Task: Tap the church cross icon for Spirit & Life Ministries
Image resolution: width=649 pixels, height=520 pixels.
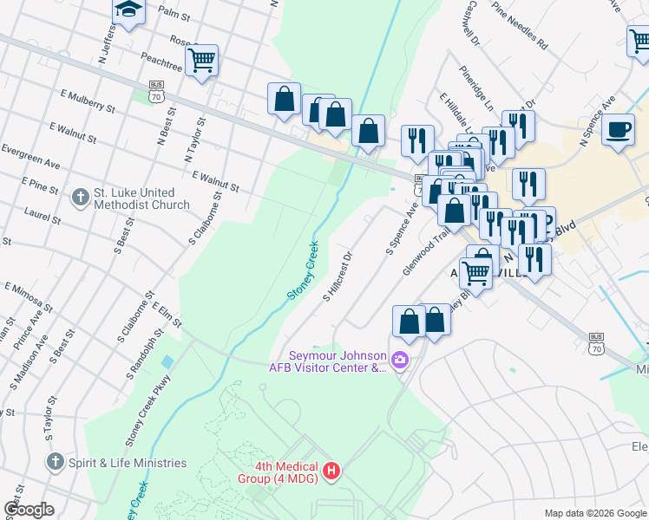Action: click(x=56, y=462)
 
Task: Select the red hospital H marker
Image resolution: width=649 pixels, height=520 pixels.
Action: click(x=331, y=471)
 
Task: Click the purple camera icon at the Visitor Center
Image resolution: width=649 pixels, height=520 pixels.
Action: click(x=400, y=360)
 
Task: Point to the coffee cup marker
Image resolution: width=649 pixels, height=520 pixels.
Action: click(x=617, y=130)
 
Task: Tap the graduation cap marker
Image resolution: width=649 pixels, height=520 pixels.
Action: click(x=128, y=10)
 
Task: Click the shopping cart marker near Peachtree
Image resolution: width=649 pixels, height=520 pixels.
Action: click(x=201, y=61)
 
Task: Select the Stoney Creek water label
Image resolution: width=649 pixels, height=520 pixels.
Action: click(x=302, y=271)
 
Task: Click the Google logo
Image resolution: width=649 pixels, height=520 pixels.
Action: click(x=29, y=510)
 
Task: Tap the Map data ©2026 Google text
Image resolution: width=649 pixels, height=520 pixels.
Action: click(x=595, y=512)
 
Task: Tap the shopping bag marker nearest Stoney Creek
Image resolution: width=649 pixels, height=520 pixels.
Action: click(x=369, y=131)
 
